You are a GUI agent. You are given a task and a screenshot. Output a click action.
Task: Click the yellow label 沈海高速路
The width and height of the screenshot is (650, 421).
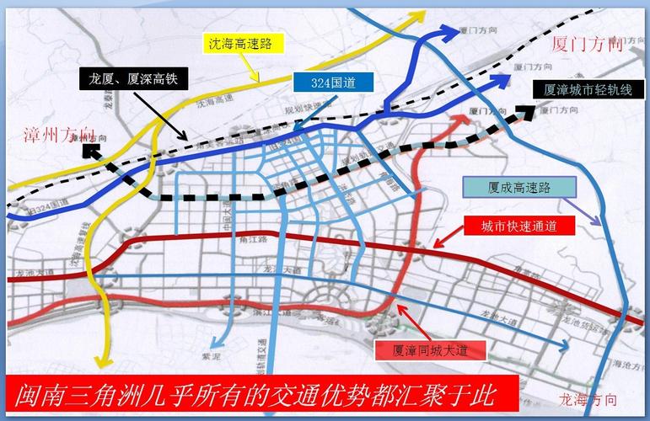coord(250,41)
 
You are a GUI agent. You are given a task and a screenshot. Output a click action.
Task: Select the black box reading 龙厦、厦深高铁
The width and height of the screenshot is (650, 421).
coord(135,80)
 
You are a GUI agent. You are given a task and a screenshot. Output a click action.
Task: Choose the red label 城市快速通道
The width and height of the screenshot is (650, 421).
coord(516,226)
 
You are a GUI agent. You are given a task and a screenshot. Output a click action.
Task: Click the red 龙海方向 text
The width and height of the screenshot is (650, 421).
coord(588,397)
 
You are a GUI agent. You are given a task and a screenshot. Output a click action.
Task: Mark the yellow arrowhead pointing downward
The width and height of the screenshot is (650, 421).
coord(105,360)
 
